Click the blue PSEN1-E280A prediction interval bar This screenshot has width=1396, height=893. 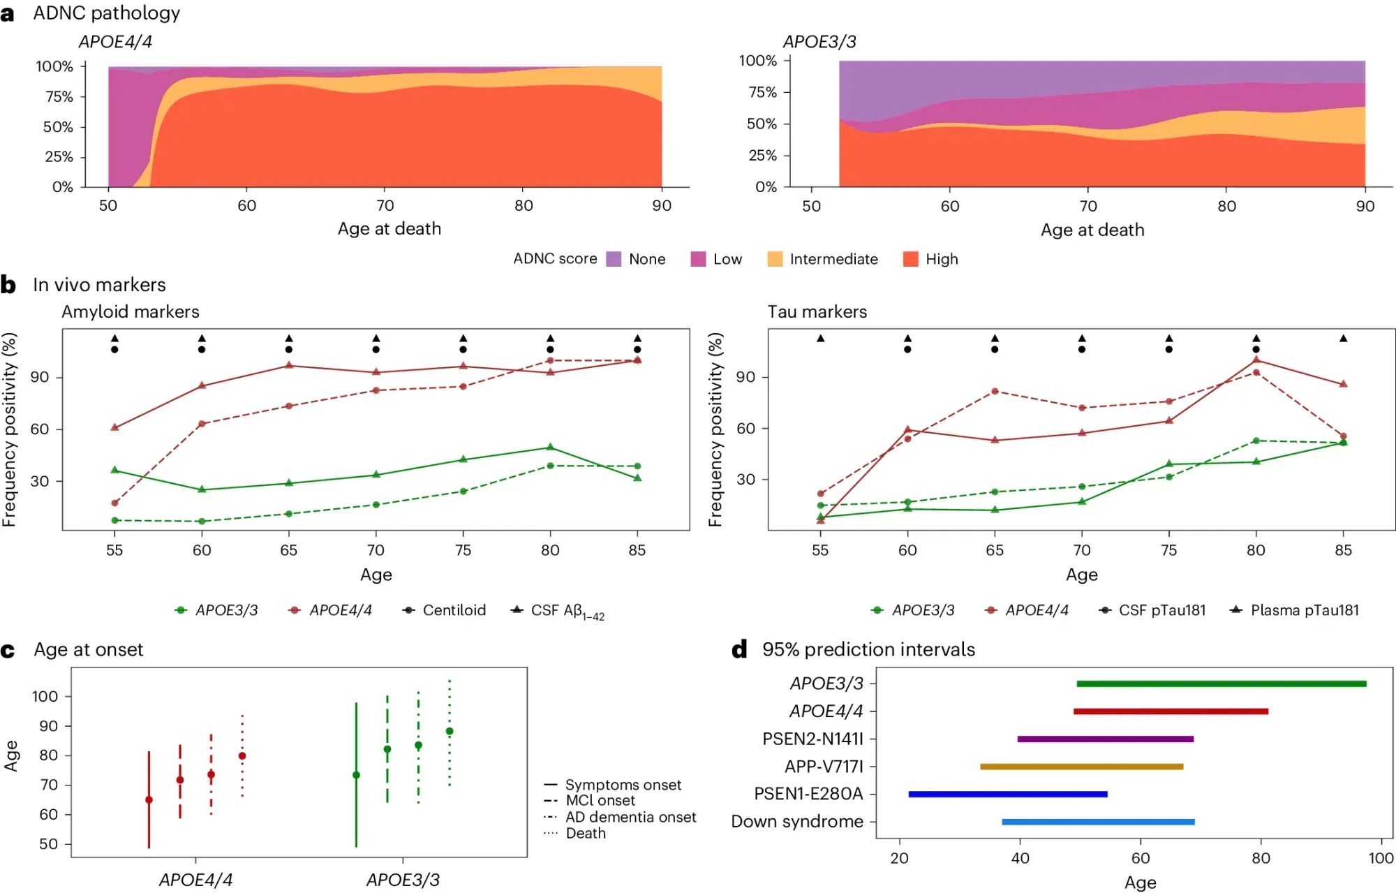pyautogui.click(x=1007, y=794)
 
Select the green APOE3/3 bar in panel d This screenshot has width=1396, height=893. pyautogui.click(x=1221, y=684)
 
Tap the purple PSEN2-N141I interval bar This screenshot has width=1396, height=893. pyautogui.click(x=1105, y=739)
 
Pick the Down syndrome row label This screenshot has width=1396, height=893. pyautogui.click(x=796, y=822)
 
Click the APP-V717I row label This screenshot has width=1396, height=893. pyautogui.click(x=823, y=767)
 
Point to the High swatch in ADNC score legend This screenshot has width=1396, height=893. pyautogui.click(x=910, y=259)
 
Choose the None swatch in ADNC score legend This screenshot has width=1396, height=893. pyautogui.click(x=614, y=259)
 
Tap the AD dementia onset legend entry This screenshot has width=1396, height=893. pyautogui.click(x=630, y=817)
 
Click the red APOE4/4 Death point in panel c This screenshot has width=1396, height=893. pyautogui.click(x=242, y=756)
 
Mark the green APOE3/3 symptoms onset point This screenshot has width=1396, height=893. pyautogui.click(x=356, y=775)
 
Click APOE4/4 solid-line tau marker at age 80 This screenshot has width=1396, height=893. pyautogui.click(x=1256, y=360)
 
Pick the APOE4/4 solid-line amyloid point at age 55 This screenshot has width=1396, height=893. pyautogui.click(x=114, y=427)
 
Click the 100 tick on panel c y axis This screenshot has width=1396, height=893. pyautogui.click(x=45, y=696)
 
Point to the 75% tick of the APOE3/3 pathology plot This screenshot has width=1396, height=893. pyautogui.click(x=762, y=92)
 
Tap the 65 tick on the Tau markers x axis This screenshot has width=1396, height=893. pyautogui.click(x=994, y=550)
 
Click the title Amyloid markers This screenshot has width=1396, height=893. pyautogui.click(x=131, y=311)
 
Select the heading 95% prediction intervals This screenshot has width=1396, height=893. pyautogui.click(x=868, y=649)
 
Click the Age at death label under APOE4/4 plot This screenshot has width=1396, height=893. pyautogui.click(x=389, y=228)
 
